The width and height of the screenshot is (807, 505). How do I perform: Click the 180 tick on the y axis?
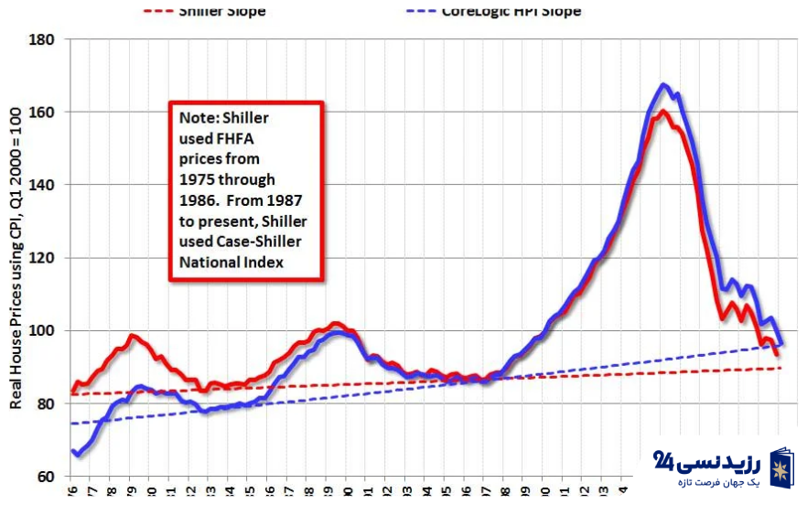pyautogui.click(x=43, y=40)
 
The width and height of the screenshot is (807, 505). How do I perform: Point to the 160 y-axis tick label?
pyautogui.click(x=43, y=113)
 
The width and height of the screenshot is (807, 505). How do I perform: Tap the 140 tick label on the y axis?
pyautogui.click(x=43, y=185)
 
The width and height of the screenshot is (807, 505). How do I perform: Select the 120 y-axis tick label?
pyautogui.click(x=43, y=258)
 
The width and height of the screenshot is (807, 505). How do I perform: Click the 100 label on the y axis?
pyautogui.click(x=43, y=330)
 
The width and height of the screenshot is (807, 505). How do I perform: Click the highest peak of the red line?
pyautogui.click(x=663, y=112)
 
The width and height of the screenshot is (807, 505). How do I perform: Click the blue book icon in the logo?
pyautogui.click(x=780, y=467)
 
